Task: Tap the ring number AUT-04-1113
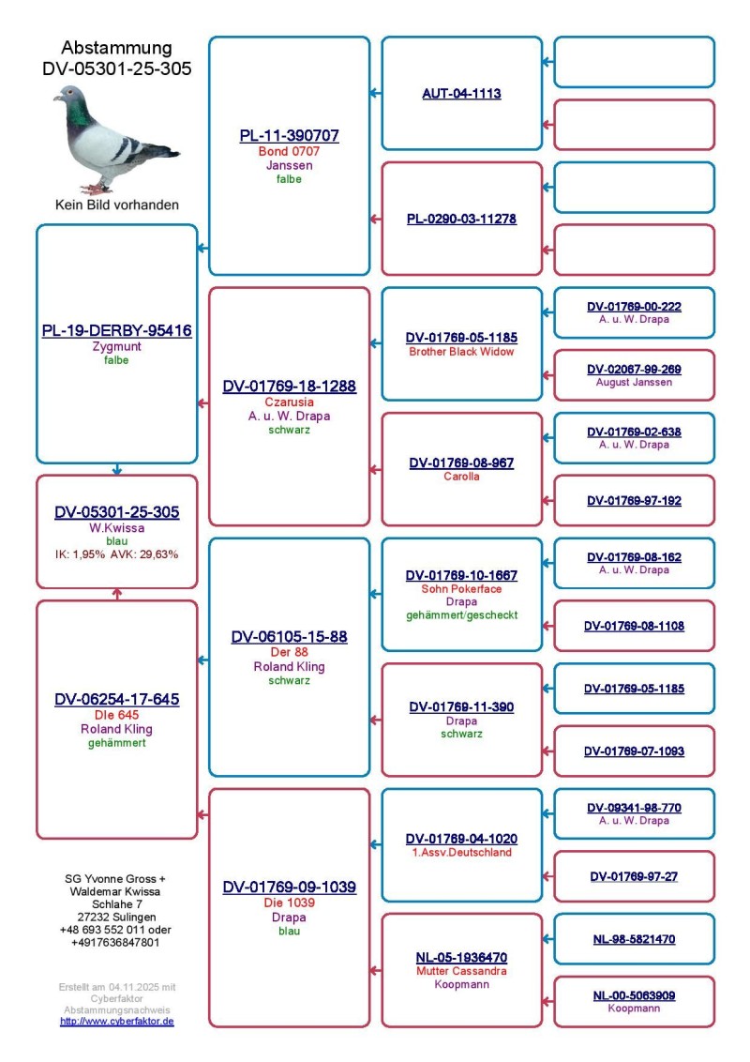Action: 461,94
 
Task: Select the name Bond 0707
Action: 289,151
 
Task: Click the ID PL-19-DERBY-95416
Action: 116,331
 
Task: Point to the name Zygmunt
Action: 116,347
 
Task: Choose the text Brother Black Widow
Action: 461,352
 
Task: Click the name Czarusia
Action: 289,402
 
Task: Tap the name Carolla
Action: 461,477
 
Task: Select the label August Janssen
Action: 634,383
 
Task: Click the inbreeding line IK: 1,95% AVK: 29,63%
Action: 116,554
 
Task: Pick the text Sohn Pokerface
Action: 461,589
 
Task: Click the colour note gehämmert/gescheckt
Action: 461,615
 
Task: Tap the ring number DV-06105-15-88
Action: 289,637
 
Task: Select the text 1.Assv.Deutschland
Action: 461,853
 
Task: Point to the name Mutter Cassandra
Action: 461,971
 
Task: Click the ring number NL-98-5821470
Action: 634,939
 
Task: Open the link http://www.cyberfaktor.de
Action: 116,1022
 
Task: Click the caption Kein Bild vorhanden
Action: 116,205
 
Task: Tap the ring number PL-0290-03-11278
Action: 461,220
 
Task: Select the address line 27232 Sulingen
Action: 116,917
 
